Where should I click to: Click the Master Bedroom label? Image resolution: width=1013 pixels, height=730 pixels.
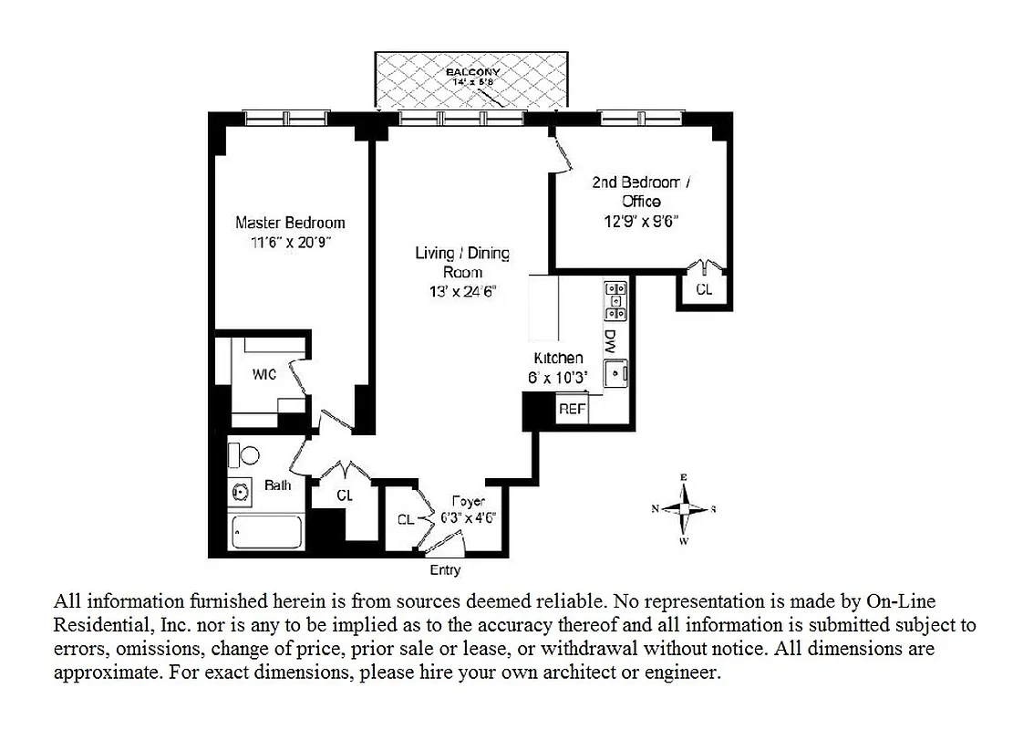point(290,223)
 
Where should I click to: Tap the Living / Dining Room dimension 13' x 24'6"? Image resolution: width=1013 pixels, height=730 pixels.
point(462,292)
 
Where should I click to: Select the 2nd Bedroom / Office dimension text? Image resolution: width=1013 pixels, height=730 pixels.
point(641,220)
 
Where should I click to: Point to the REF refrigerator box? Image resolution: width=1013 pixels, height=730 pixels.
point(572,410)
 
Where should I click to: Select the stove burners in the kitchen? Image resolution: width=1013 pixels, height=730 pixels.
point(615,299)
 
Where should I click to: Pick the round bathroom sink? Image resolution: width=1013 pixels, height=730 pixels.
point(242,492)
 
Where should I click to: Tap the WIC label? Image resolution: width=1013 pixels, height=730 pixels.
point(264,375)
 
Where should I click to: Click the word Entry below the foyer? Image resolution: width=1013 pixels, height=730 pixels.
point(445,570)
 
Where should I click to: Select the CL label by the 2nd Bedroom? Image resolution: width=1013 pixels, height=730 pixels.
point(704,289)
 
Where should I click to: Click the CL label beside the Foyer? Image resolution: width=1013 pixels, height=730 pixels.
point(406,519)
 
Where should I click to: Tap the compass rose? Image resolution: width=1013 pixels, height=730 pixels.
point(684,509)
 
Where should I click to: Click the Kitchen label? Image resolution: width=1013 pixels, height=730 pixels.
point(558,359)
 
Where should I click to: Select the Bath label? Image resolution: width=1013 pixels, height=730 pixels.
point(278,485)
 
